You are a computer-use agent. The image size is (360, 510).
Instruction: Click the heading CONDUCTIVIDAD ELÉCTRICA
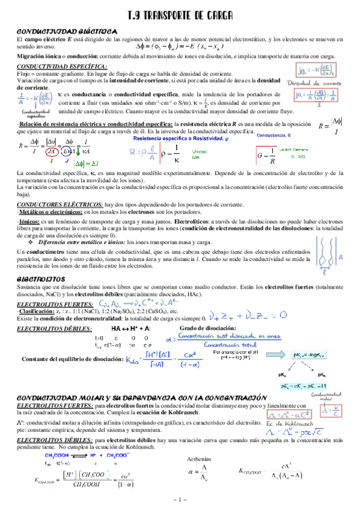pyautogui.click(x=66, y=30)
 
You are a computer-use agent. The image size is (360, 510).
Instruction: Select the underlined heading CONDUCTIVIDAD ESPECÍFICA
pyautogui.click(x=54, y=66)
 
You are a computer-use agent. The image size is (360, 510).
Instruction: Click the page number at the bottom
pyautogui.click(x=180, y=500)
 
